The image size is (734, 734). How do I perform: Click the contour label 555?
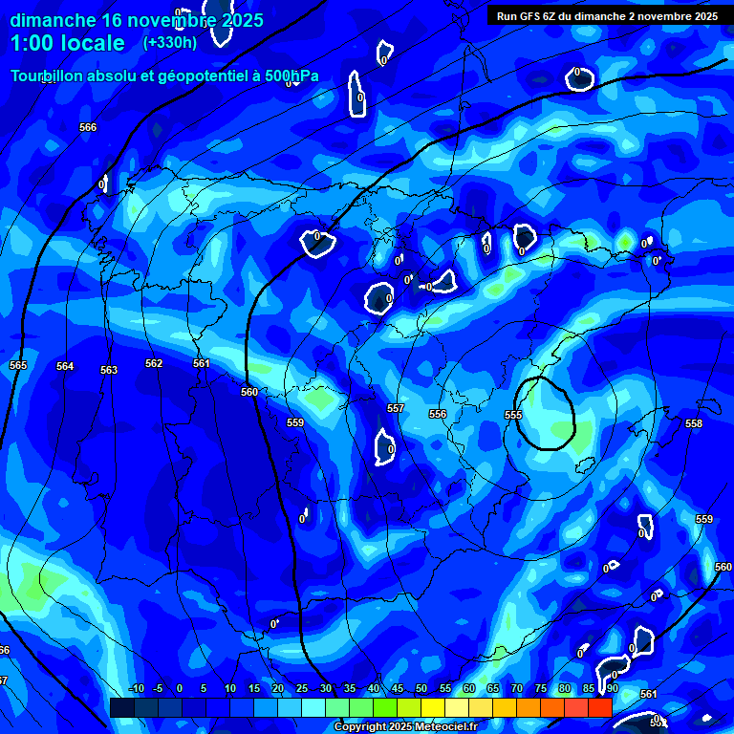tap(513, 415)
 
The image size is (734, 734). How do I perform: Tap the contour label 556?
tap(438, 414)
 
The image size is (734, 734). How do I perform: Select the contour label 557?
tap(396, 408)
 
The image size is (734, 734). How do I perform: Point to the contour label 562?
tap(154, 363)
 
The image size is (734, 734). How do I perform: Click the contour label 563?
tap(109, 370)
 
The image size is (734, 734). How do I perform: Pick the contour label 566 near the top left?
tap(88, 127)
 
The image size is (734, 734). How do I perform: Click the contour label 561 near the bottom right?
tap(649, 694)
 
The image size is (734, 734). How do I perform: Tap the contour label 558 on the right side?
tap(694, 422)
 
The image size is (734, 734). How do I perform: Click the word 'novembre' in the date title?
tap(171, 20)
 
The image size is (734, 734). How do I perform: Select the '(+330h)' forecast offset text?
tap(169, 42)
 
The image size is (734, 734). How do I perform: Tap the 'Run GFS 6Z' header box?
tap(608, 16)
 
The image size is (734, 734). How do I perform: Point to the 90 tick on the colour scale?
tap(612, 688)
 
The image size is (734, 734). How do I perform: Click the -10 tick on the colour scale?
tap(136, 688)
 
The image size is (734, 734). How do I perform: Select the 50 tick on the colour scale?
tap(421, 688)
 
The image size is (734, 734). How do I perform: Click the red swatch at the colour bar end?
tap(599, 707)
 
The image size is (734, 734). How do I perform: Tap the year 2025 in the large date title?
tap(241, 20)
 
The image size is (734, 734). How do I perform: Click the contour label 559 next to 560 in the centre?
tap(295, 422)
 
